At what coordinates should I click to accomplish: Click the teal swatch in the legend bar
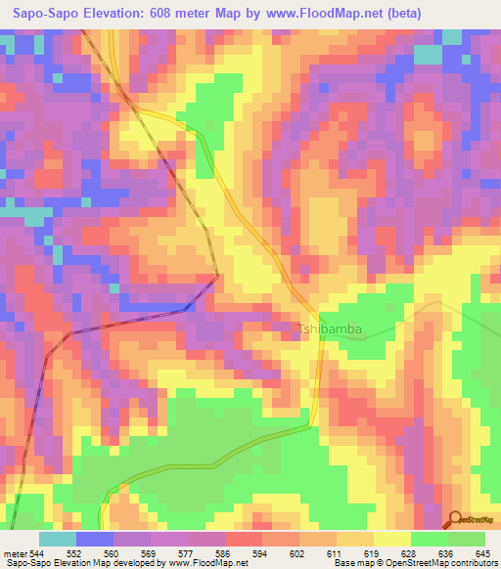pyautogui.click(x=58, y=539)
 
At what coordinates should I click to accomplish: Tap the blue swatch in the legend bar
pyautogui.click(x=95, y=539)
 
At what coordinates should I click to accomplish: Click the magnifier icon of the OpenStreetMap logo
pyautogui.click(x=454, y=519)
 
